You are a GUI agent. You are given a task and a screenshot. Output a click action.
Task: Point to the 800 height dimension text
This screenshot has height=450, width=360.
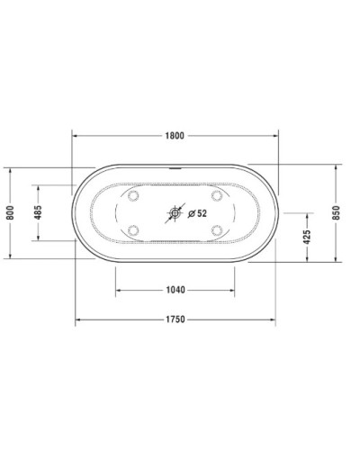[x=10, y=212]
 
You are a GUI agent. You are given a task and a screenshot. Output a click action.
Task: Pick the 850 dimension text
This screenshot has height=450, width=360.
[x=336, y=212]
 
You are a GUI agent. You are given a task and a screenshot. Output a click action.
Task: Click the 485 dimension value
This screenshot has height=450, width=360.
[x=39, y=212]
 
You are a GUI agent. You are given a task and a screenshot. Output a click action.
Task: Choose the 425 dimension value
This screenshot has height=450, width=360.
[x=307, y=237]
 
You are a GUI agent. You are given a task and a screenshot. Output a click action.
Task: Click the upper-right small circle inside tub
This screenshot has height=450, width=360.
[x=216, y=195]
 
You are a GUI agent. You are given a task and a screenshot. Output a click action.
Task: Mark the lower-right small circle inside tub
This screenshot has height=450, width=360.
[x=216, y=230]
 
